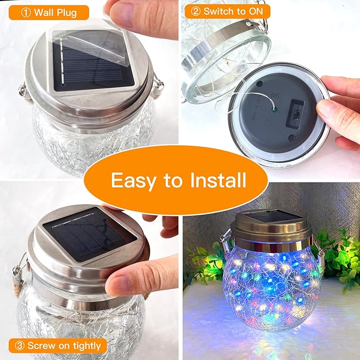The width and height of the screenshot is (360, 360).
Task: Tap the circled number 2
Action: click(195, 11)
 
